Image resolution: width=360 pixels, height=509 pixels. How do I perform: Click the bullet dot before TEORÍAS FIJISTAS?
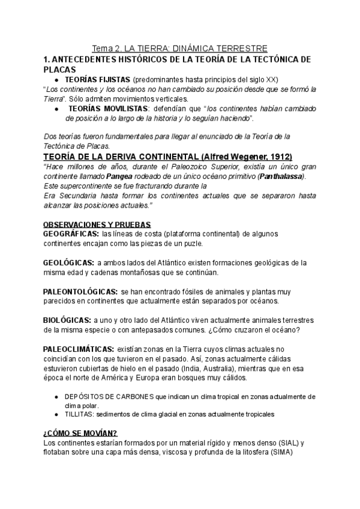[x=56, y=80]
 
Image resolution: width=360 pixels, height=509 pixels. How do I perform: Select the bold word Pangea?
[x=122, y=176]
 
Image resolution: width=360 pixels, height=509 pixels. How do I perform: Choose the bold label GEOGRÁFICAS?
[x=71, y=233]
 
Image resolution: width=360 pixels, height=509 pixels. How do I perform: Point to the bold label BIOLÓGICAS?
[x=67, y=320]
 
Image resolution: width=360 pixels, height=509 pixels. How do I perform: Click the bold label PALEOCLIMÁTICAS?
[x=79, y=349]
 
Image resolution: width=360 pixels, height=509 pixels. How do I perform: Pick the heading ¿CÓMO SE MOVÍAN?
[x=80, y=434]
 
